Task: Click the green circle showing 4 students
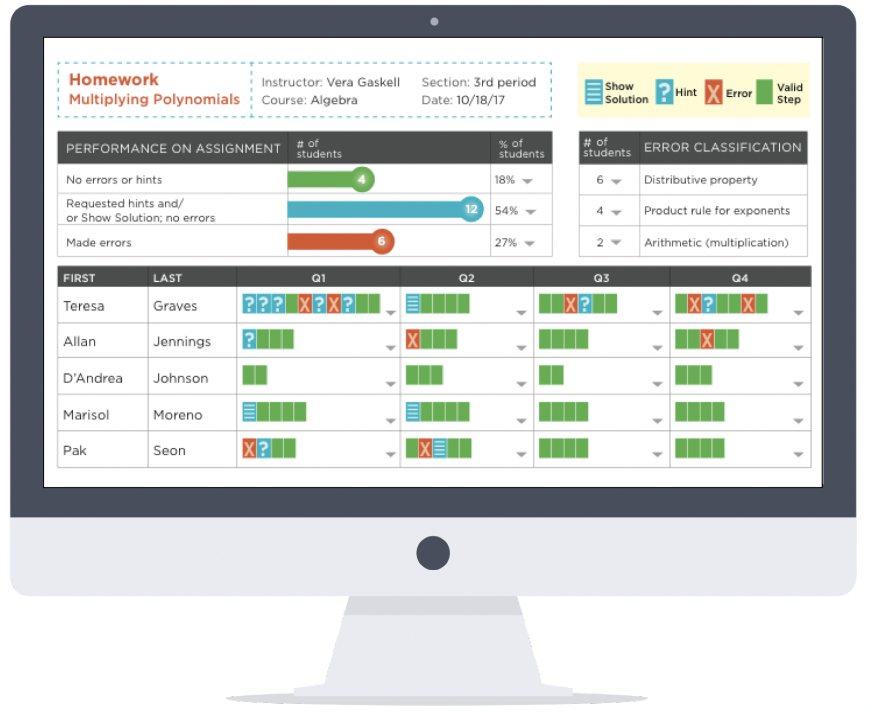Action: (362, 180)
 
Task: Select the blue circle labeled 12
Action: (471, 210)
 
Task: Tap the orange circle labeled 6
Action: (382, 241)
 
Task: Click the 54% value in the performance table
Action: (506, 211)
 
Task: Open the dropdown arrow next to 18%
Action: (528, 181)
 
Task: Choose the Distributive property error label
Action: (701, 180)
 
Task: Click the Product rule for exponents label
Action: (717, 211)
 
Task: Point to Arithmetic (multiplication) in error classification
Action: (716, 242)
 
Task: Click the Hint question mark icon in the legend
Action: (664, 92)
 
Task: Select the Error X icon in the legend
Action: (714, 93)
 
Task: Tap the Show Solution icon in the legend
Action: (593, 92)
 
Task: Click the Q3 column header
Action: (601, 278)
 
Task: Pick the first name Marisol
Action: (86, 415)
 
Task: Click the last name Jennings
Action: (182, 341)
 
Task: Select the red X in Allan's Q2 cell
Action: (413, 340)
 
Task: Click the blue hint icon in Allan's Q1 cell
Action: (250, 340)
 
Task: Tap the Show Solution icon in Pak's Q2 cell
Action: (440, 448)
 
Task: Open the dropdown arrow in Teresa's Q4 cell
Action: (798, 313)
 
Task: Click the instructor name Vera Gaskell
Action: (363, 82)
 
